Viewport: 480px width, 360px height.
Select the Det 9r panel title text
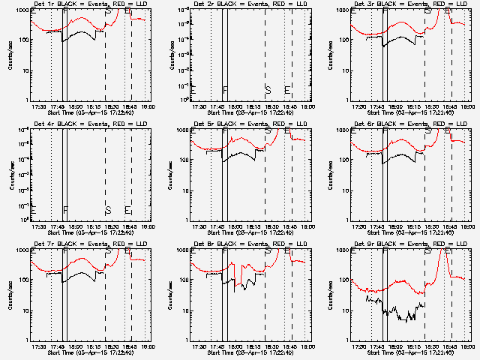(x=409, y=245)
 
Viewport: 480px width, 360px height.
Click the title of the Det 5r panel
(x=249, y=125)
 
